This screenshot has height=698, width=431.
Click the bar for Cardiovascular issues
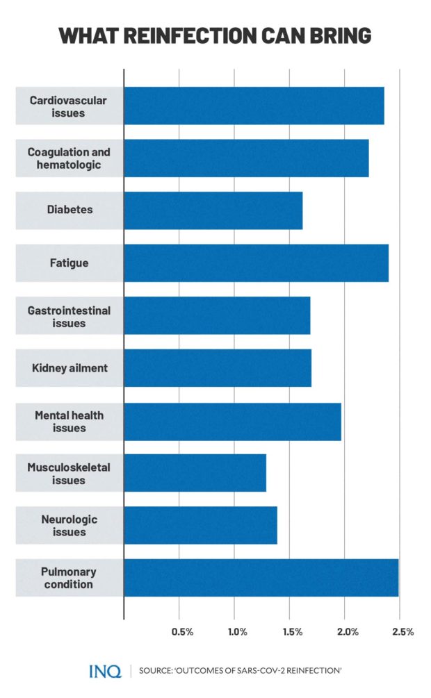pos(254,106)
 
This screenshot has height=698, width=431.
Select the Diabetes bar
pos(213,210)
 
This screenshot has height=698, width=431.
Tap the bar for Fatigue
pos(256,263)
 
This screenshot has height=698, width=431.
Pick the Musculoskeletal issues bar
pos(195,473)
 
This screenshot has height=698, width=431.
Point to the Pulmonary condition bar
pos(261,578)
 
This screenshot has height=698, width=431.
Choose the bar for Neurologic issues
pos(200,525)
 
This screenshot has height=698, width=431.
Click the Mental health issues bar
pos(232,421)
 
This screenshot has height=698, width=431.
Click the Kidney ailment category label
pos(69,368)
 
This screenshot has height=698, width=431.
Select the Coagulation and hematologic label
pos(69,158)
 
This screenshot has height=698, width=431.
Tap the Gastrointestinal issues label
pos(69,317)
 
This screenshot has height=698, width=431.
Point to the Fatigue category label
pos(69,264)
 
